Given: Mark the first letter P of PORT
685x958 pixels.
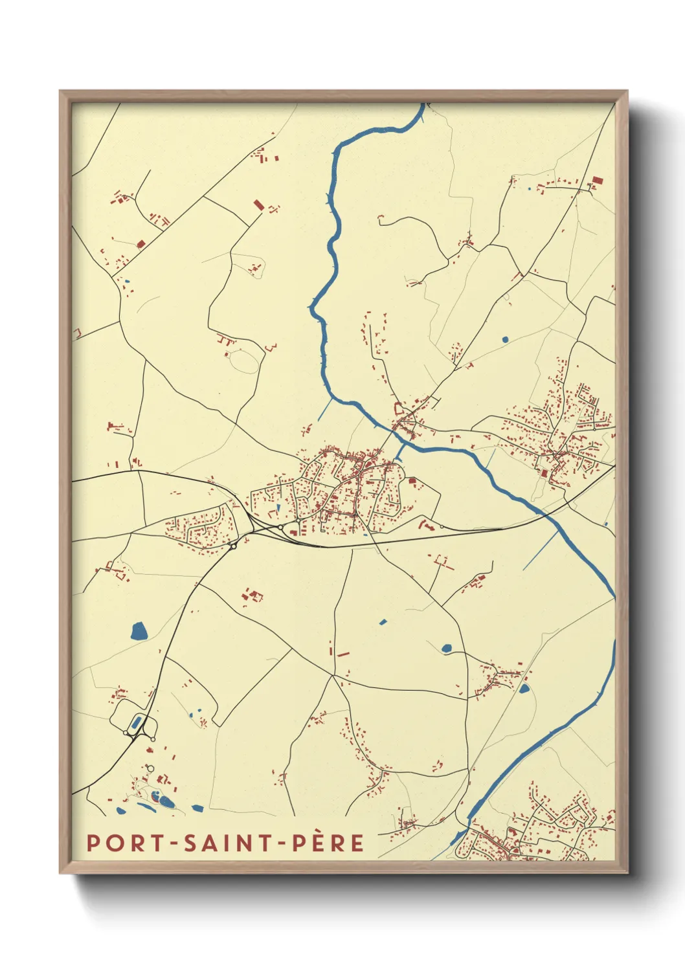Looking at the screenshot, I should tap(93, 843).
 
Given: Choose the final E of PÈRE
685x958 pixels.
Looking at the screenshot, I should tap(357, 843).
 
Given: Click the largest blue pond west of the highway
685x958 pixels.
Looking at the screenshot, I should tap(139, 631).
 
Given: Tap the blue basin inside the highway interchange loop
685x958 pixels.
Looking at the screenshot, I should tap(136, 722).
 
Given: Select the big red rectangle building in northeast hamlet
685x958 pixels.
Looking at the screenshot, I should tap(597, 181).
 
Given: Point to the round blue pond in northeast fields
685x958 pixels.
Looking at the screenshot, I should tap(505, 339).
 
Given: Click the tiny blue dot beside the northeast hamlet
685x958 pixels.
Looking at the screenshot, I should tap(529, 189).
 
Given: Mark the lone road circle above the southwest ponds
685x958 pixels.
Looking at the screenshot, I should tap(150, 768).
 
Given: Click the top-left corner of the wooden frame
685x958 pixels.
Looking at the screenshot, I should tap(61, 92).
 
